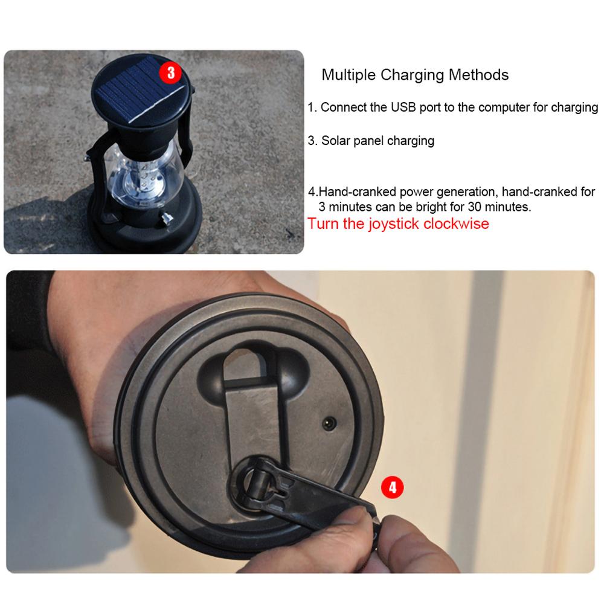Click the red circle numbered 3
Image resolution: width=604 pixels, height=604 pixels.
[170, 72]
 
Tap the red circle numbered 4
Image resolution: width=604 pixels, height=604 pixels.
[392, 487]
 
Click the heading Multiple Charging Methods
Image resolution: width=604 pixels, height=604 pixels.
[414, 75]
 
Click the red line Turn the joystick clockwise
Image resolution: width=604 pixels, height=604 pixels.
[398, 223]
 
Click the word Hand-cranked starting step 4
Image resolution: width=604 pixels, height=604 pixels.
[348, 192]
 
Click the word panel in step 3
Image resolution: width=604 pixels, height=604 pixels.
[370, 141]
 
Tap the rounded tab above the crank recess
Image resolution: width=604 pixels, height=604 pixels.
[247, 369]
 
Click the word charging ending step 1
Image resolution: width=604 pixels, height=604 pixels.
[573, 108]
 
